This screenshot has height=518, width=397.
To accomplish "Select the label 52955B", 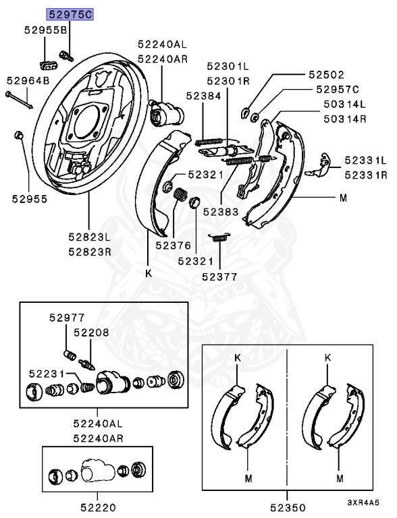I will [x=46, y=30].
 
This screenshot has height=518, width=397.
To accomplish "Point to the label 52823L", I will [x=88, y=237].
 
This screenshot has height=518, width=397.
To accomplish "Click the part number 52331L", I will [x=365, y=161].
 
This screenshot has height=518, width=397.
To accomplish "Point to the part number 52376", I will [x=171, y=246].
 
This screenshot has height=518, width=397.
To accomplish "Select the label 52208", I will [x=91, y=333].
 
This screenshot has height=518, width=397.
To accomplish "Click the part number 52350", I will [x=289, y=507].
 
